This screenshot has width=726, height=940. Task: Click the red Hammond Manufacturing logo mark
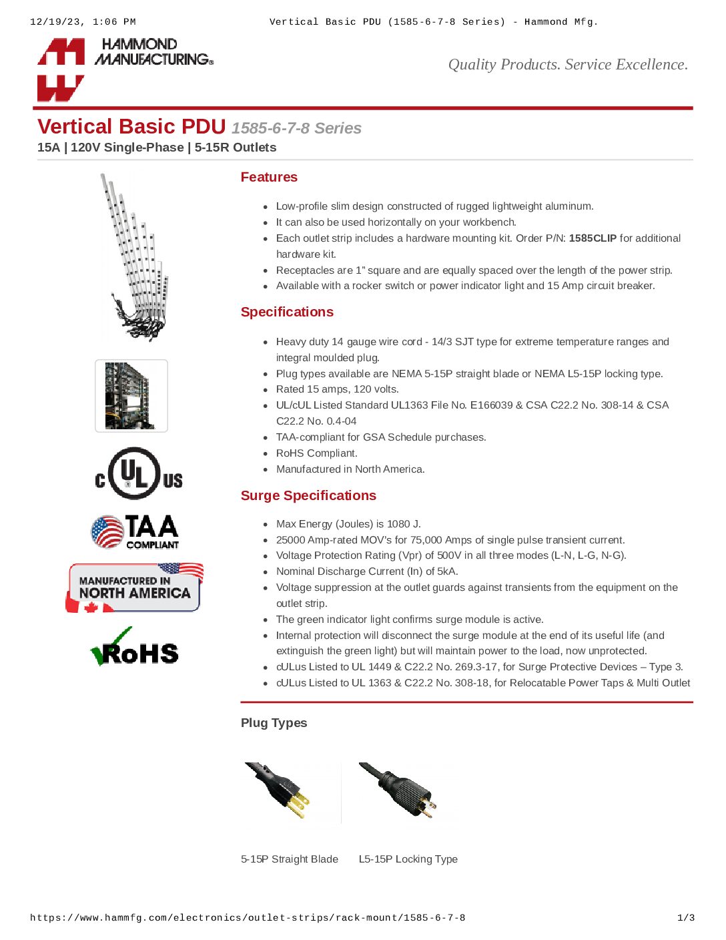[x=61, y=69]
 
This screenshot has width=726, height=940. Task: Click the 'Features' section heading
[x=269, y=177]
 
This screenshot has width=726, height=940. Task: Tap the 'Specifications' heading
[x=287, y=312]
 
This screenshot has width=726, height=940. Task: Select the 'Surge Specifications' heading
[x=308, y=495]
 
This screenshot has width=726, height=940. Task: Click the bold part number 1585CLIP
[x=593, y=238]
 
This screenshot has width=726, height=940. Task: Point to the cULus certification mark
[x=139, y=474]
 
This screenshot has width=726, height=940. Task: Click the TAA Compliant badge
[x=135, y=531]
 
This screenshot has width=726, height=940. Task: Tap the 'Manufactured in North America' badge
[x=135, y=587]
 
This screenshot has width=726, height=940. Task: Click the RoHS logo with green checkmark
[x=135, y=648]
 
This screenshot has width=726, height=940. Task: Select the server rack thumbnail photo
[x=131, y=396]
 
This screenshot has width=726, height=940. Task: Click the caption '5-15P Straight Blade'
[x=290, y=859]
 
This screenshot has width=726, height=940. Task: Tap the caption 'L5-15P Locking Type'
[x=408, y=859]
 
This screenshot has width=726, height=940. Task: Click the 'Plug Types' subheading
[x=274, y=723]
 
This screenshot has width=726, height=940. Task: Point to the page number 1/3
[x=686, y=918]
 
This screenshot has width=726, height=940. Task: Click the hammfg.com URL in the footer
[x=248, y=918]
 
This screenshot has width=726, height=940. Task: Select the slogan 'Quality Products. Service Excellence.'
[x=568, y=65]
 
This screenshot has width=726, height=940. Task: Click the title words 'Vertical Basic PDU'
[x=131, y=127]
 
